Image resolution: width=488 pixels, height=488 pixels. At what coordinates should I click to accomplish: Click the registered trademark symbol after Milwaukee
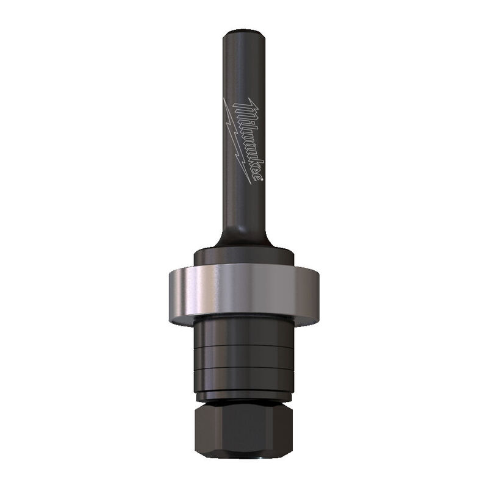(x=262, y=179)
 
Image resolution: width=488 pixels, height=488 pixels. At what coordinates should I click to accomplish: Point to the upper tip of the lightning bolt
(x=224, y=98)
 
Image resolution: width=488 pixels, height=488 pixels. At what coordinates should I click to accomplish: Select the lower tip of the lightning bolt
(x=251, y=184)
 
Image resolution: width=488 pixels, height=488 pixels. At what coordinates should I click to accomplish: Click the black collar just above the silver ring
(x=244, y=257)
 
